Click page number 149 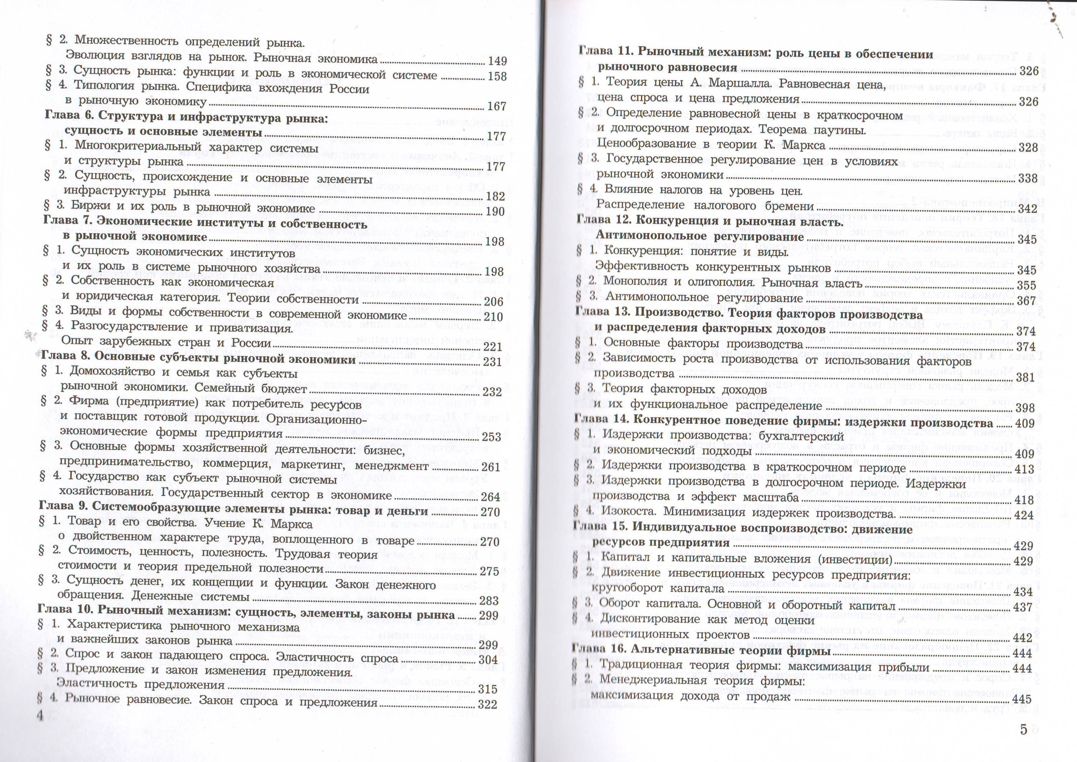pos(497,61)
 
